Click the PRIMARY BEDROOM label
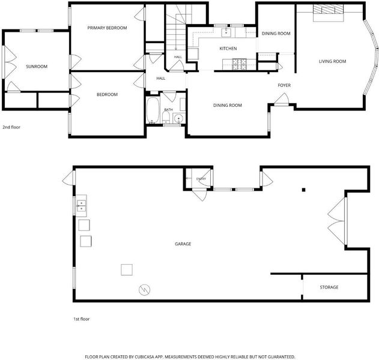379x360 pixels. pyautogui.click(x=107, y=28)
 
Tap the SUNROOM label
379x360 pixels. pyautogui.click(x=37, y=67)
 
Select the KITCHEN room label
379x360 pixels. pyautogui.click(x=228, y=49)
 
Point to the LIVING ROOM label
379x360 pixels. pyautogui.click(x=332, y=61)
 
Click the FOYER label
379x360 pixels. pyautogui.click(x=284, y=85)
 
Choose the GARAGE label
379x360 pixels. pyautogui.click(x=183, y=244)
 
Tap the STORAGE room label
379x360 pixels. pyautogui.click(x=329, y=287)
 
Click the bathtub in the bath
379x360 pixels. pyautogui.click(x=153, y=110)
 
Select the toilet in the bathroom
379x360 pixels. pyautogui.click(x=166, y=117)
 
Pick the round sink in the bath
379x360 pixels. pyautogui.click(x=179, y=118)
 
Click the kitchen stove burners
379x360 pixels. pyautogui.click(x=239, y=64)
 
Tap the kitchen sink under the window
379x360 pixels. pyautogui.click(x=226, y=32)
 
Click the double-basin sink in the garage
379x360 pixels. pyautogui.click(x=82, y=206)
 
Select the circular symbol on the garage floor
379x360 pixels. pyautogui.click(x=145, y=289)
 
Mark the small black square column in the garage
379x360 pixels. pyautogui.click(x=303, y=190)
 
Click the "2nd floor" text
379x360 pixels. pyautogui.click(x=11, y=127)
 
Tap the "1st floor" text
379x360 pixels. pyautogui.click(x=82, y=319)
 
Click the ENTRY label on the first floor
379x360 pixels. pyautogui.click(x=201, y=179)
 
